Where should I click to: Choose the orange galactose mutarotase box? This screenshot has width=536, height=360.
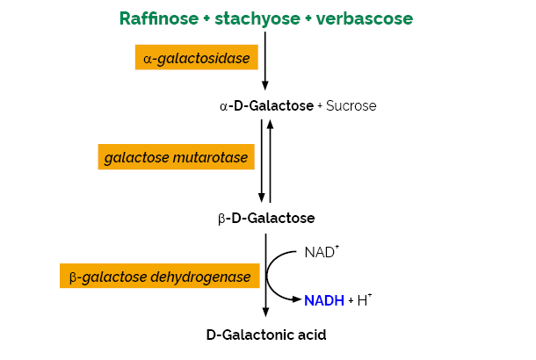pos(177,158)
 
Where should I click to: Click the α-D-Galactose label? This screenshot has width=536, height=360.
pos(266,106)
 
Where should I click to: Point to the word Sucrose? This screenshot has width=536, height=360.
pos(351,106)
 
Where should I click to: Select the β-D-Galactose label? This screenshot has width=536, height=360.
pos(265,218)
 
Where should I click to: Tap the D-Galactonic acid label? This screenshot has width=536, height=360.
pos(265,334)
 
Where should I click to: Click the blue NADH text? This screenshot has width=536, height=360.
pos(324,300)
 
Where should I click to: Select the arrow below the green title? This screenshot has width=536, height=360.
pos(265,61)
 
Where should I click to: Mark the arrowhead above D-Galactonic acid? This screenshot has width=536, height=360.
pos(265,312)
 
